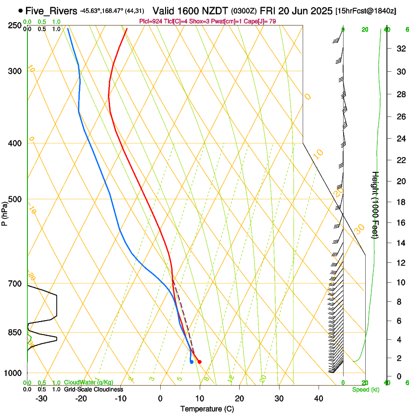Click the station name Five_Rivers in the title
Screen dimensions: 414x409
pyautogui.click(x=51, y=11)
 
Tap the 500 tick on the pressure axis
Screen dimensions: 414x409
pyautogui.click(x=15, y=199)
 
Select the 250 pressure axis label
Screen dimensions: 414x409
pyautogui.click(x=15, y=25)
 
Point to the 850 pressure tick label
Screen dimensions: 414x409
pyautogui.click(x=15, y=332)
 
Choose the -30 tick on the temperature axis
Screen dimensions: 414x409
pyautogui.click(x=41, y=398)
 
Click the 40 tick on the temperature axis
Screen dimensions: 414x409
pyautogui.click(x=319, y=398)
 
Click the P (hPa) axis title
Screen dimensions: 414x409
pyautogui.click(x=5, y=212)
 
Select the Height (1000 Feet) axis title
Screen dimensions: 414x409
pyautogui.click(x=376, y=205)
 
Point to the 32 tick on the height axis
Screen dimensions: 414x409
pyautogui.click(x=399, y=49)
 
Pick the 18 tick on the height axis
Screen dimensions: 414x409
pyautogui.click(x=399, y=202)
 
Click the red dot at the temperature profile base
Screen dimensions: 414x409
pyautogui.click(x=200, y=362)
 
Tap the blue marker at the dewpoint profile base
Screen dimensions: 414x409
pyautogui.click(x=192, y=362)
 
